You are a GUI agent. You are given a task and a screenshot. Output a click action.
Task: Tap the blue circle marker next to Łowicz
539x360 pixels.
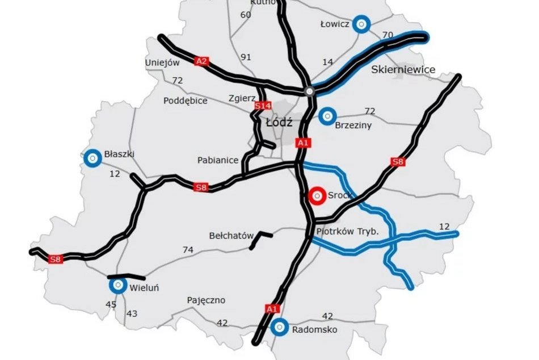361,24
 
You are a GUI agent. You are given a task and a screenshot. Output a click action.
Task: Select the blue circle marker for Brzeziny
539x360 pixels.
327,116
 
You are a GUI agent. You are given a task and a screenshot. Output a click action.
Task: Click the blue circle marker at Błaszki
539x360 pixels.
91,158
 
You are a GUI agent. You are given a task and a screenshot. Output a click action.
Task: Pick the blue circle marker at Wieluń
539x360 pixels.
118,286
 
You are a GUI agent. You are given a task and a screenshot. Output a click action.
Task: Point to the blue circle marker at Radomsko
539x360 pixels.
279,327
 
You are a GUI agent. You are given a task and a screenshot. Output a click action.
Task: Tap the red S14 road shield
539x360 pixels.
262,106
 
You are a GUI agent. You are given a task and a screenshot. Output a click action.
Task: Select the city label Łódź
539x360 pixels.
279,122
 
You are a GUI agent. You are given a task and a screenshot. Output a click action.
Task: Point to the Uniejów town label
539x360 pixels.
162,62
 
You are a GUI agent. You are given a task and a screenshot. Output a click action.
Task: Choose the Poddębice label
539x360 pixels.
185,101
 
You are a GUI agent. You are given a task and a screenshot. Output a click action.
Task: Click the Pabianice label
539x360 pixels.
218,160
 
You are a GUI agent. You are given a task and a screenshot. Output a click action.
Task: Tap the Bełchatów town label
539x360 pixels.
229,235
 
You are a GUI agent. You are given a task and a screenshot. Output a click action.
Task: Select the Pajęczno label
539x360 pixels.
206,300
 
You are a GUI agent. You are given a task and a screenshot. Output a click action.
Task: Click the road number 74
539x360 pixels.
188,249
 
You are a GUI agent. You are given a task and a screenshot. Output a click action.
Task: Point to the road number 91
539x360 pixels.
246,57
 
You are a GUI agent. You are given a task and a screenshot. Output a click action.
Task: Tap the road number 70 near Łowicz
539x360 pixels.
388,35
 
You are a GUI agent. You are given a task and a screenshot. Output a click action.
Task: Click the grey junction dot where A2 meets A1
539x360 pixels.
309,91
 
